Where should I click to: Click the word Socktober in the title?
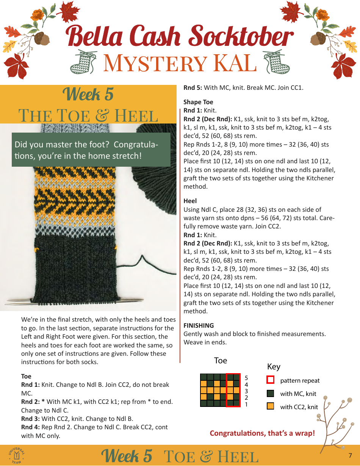[x=241, y=37]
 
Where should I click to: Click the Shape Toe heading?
[x=198, y=102]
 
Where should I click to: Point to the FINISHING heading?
[x=199, y=325]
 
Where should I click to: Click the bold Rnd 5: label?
[x=193, y=88]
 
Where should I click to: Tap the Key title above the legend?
[x=274, y=366]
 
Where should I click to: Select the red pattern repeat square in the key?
[x=270, y=380]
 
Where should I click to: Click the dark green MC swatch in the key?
[x=270, y=393]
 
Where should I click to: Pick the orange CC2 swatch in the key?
[x=270, y=407]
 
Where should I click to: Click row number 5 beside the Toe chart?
[x=246, y=378]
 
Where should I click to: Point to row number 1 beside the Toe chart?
[x=246, y=404]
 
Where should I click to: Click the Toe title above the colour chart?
[x=220, y=360]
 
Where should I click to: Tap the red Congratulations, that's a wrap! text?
[x=262, y=433]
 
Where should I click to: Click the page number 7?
[x=350, y=455]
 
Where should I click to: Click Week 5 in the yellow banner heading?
[x=88, y=94]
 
